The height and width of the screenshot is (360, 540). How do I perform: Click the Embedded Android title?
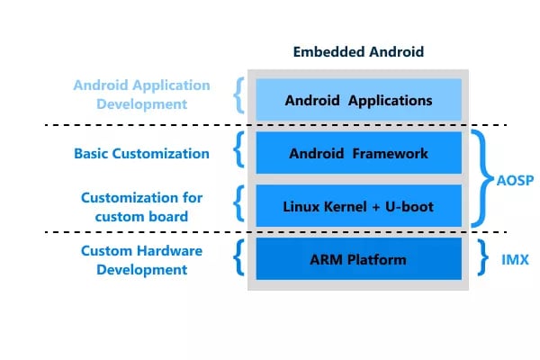coord(358,52)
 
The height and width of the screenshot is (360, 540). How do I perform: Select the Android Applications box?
coord(358,100)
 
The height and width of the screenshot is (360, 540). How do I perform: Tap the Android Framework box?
coord(358,153)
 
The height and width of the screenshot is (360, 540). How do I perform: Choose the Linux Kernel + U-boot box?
coord(358,206)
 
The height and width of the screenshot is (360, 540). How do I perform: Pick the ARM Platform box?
coord(358,258)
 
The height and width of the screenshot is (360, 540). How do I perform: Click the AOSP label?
coord(515,180)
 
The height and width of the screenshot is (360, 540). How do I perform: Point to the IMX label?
coord(515,259)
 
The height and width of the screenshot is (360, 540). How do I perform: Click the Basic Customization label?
coord(141,154)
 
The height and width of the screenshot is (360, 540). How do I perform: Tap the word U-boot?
coord(409,207)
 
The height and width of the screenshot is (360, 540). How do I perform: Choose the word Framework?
coord(391,153)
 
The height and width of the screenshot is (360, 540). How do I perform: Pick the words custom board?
coord(141,217)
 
